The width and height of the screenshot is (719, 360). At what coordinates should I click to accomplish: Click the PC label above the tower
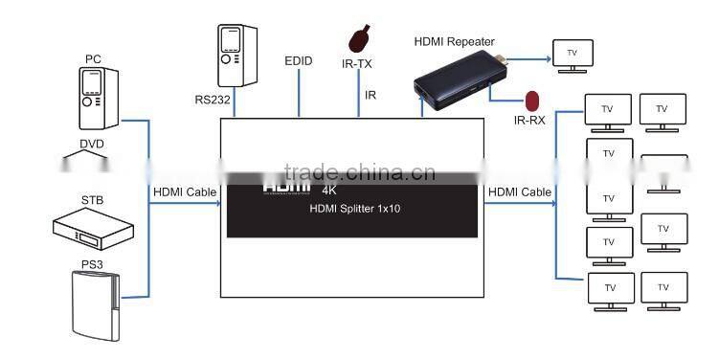[93, 59]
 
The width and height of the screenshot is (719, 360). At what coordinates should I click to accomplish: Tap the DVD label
[93, 144]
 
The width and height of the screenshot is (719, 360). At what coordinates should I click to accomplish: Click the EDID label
[299, 61]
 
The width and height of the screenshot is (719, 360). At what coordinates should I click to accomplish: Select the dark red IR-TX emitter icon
[359, 38]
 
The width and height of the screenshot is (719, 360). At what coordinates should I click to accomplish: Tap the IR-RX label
[529, 121]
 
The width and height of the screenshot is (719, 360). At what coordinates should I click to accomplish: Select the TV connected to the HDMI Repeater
[573, 54]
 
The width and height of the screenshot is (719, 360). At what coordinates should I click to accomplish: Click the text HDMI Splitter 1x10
[352, 210]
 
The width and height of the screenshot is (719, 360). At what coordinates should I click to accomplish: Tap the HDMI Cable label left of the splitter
[184, 192]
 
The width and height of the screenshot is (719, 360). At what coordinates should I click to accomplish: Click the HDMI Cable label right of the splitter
[519, 192]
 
